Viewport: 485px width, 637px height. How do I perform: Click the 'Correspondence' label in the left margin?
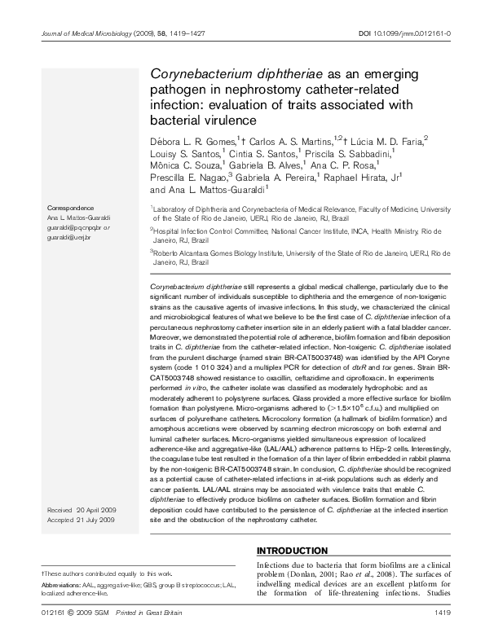coord(71,209)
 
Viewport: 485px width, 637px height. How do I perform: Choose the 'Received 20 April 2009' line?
coord(82,509)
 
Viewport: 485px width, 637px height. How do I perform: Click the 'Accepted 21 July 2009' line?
coord(82,519)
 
